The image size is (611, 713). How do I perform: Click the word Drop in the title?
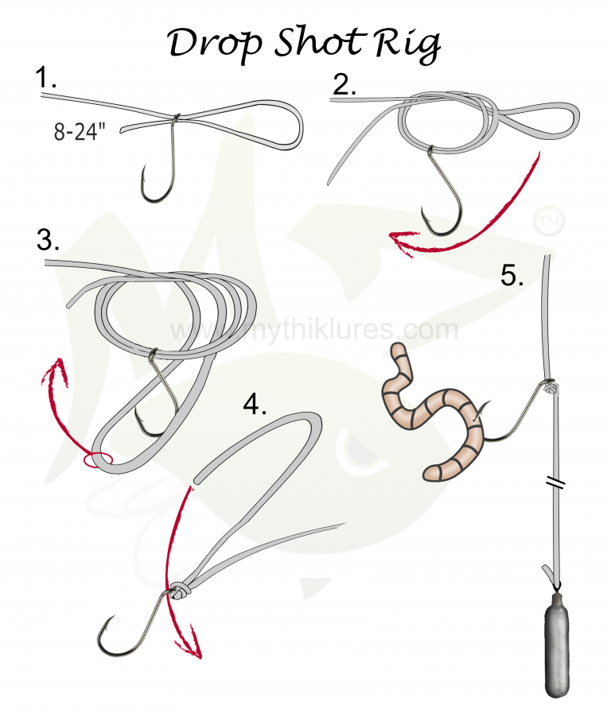[210, 45]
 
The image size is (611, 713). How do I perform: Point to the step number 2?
[344, 83]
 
